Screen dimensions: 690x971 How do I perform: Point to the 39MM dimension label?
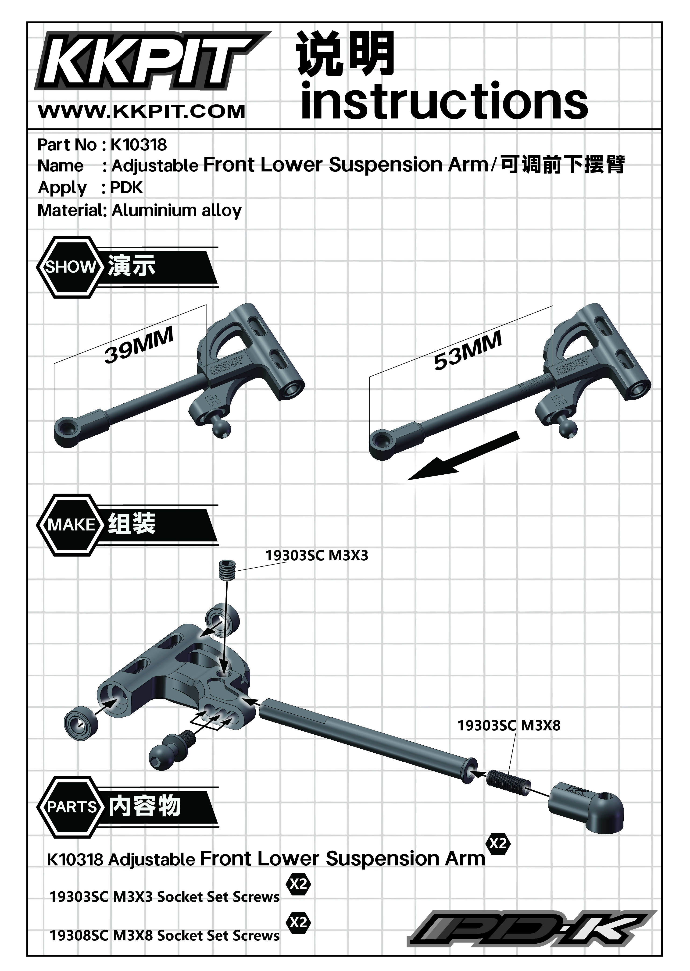139,345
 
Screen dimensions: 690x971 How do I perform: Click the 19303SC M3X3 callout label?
317,555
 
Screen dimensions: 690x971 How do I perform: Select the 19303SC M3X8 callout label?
509,725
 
